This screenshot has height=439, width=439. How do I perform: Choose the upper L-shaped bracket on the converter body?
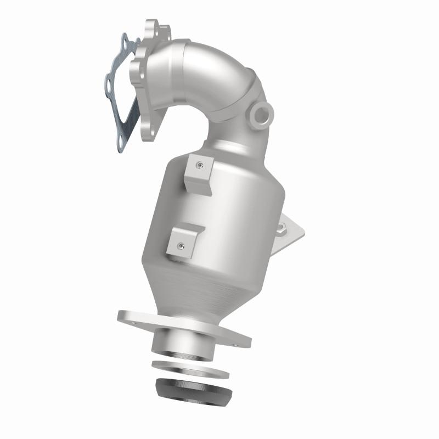pyautogui.click(x=197, y=172)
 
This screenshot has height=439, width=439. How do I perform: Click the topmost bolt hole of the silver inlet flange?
pyautogui.click(x=150, y=26)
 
